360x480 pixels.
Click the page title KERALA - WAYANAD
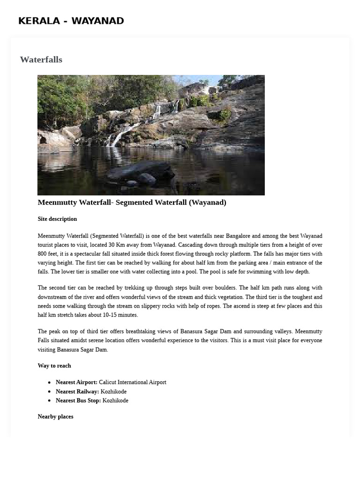pos(71,21)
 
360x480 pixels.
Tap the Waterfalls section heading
pos(41,60)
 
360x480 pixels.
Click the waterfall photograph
pos(151,135)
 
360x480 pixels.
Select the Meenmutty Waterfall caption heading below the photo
pos(132,202)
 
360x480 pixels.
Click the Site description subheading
pos(57,219)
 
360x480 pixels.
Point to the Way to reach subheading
pos(54,366)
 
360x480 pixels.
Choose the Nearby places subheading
pos(55,417)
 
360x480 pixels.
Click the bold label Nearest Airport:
pos(76,382)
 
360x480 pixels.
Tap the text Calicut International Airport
pos(132,382)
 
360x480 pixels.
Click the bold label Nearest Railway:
pos(77,391)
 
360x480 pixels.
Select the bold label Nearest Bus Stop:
pos(78,401)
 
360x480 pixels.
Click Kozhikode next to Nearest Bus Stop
pos(115,401)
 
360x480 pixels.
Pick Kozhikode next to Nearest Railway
pos(113,391)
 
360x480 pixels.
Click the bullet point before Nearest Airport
pos(49,382)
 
